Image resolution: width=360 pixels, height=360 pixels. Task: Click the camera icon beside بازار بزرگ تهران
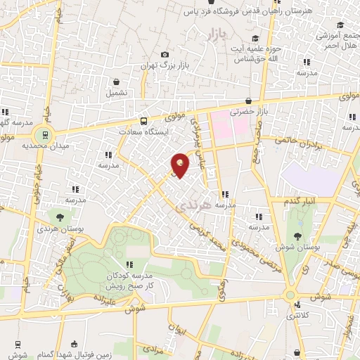(165, 55)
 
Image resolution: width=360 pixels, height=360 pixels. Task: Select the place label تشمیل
(117, 92)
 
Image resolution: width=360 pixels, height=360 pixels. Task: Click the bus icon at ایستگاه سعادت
(144, 120)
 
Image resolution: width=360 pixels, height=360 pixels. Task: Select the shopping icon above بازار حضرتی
(250, 101)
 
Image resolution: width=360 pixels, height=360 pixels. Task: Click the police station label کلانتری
(301, 317)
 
